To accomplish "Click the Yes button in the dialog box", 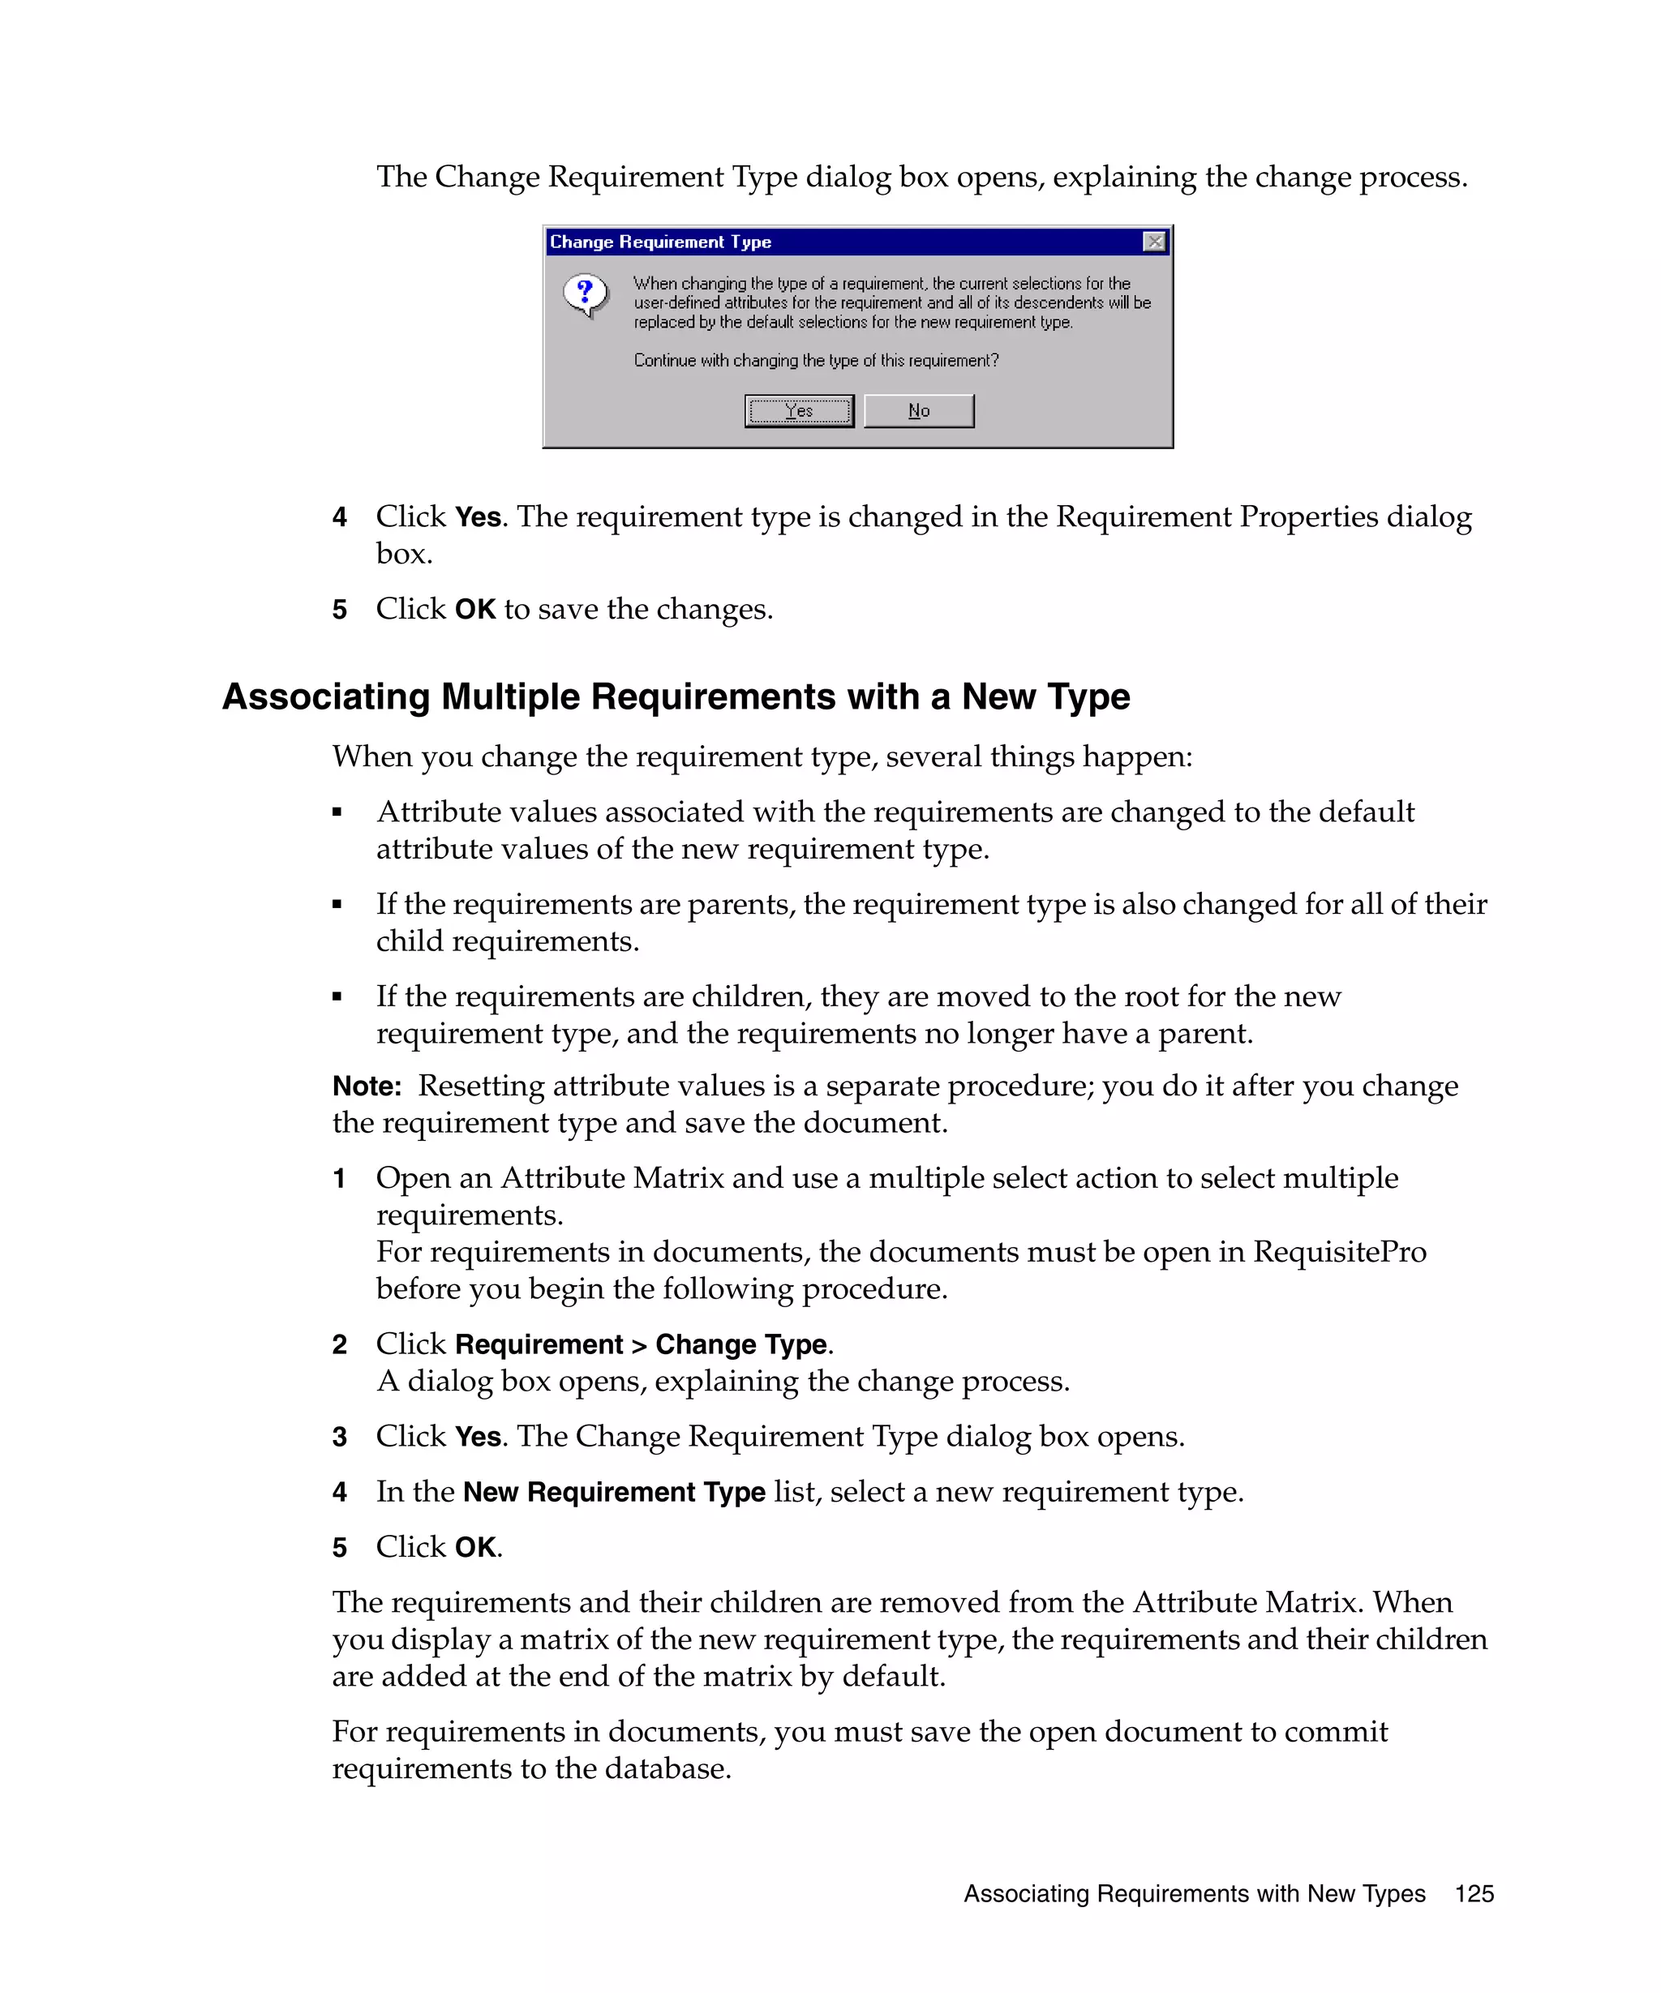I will [798, 411].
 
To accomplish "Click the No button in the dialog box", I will [918, 411].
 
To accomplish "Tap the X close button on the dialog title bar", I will [1154, 242].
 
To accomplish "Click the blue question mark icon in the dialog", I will [585, 294].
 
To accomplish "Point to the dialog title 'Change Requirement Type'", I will [661, 242].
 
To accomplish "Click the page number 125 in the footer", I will [1473, 1893].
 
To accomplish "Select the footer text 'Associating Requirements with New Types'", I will [1194, 1893].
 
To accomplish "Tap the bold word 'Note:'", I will [367, 1086].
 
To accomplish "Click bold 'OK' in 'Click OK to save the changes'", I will [474, 609].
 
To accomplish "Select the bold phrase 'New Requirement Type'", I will [613, 1492].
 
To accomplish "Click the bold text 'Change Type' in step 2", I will [740, 1345].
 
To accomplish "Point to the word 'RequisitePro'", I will [1339, 1252].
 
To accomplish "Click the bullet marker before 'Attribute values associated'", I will [337, 812].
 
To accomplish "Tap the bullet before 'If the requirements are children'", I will [337, 996].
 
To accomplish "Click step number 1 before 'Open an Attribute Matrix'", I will [339, 1179].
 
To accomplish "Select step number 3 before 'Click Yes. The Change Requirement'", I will [339, 1437].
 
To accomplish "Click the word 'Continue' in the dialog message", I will [664, 361].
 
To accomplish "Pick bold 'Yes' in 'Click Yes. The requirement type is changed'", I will [478, 517].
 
